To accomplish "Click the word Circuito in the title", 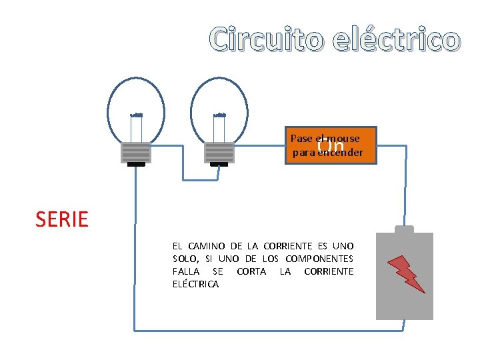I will (266, 39).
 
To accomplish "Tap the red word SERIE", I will (62, 219).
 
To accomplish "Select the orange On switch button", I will (331, 145).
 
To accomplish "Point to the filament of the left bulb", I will (137, 115).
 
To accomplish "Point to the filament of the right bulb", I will (219, 115).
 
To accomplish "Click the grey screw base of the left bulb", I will (136, 153).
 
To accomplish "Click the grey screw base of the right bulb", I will (219, 153).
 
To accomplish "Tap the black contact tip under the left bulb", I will (136, 164).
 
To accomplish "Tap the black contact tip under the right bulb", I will (219, 164).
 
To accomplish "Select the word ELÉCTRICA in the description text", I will (195, 284).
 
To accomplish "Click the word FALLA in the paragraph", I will (187, 271).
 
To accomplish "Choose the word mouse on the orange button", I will (344, 139).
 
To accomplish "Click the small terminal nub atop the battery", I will (405, 228).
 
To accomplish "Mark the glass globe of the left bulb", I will (137, 100).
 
